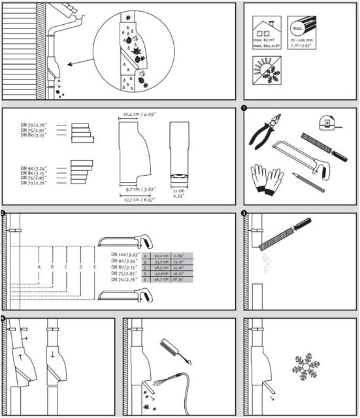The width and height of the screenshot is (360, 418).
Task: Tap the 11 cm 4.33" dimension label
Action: coord(176,193)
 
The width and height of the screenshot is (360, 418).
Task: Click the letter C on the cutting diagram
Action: coord(67,267)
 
